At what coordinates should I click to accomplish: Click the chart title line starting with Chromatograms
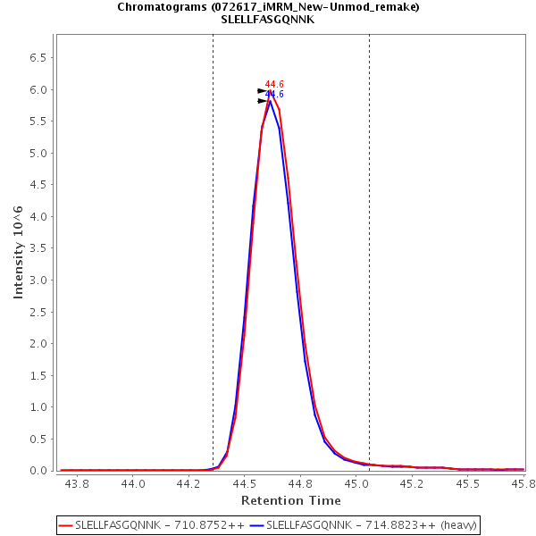pos(268,7)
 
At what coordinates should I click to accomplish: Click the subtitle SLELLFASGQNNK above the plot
pos(268,20)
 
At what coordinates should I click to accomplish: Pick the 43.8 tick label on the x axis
pos(78,484)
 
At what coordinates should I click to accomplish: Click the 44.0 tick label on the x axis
pos(133,484)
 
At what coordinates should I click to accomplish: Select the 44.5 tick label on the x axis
pos(245,484)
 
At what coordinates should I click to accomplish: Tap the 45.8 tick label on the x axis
pos(521,484)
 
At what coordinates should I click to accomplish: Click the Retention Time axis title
pos(291,500)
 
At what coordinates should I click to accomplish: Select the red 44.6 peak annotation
pos(274,85)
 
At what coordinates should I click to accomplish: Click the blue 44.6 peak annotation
pos(274,95)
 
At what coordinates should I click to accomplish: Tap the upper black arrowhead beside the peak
pos(262,90)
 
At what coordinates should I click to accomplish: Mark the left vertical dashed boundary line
pos(213,250)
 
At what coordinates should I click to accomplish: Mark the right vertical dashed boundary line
pos(369,250)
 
